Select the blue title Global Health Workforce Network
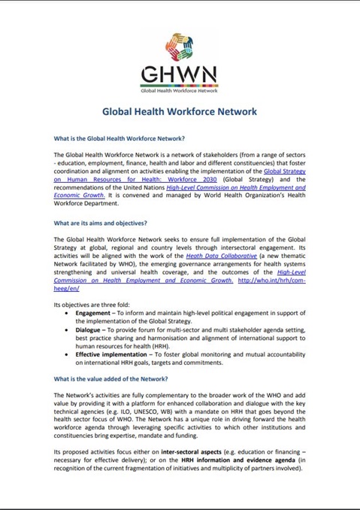tap(179, 111)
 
